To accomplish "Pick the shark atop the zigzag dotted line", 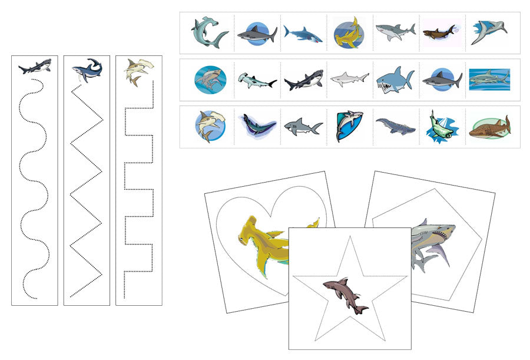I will click(x=87, y=69).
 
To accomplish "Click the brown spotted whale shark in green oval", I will click(x=489, y=127).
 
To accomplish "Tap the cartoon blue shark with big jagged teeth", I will click(x=394, y=80).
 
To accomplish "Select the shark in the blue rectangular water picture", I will click(x=489, y=79).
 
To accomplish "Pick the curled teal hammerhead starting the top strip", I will click(x=208, y=32).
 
